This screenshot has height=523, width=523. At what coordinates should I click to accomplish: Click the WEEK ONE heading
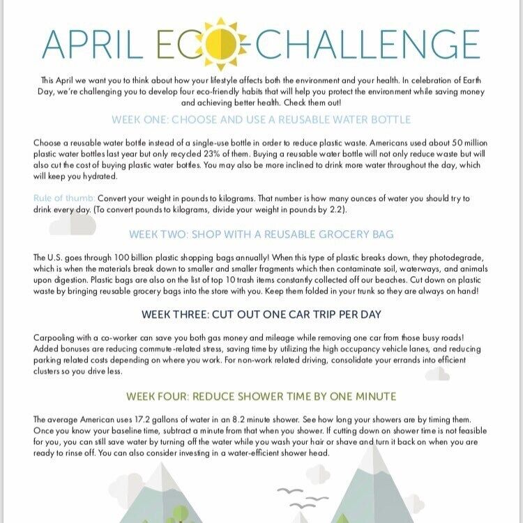(x=261, y=119)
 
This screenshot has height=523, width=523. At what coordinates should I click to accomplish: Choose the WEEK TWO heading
(x=261, y=234)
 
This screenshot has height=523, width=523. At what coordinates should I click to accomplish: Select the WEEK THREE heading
(x=261, y=314)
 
